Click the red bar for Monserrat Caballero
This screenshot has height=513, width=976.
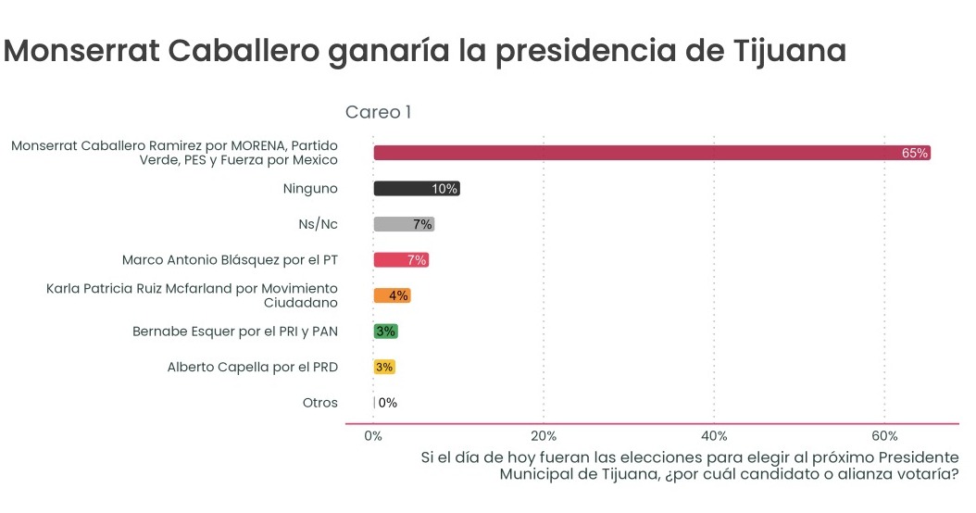(648, 153)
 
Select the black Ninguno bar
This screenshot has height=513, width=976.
(407, 189)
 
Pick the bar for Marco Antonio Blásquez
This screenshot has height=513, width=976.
(394, 260)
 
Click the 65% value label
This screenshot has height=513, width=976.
(915, 153)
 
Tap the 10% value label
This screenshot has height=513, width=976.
(444, 189)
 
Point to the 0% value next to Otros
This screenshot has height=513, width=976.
(388, 403)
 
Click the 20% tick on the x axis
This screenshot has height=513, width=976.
(544, 436)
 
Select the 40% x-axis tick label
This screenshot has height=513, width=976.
(714, 436)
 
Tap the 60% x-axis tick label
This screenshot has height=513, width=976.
(885, 436)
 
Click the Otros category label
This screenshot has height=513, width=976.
(320, 403)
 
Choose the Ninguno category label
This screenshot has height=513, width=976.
(310, 189)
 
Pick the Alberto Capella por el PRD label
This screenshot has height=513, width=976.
(253, 367)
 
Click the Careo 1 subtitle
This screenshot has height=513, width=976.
(378, 112)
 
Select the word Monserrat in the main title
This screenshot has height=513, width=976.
(81, 51)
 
